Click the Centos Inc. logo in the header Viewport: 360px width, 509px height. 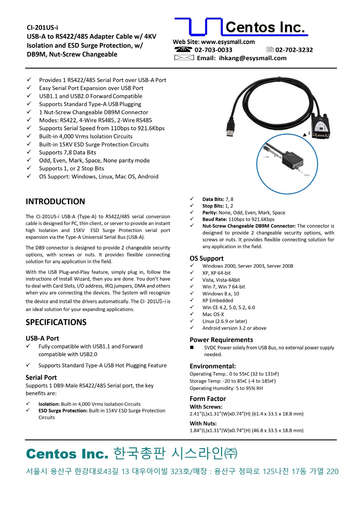[x=241, y=27]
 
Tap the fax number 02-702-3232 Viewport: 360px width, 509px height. [x=294, y=50]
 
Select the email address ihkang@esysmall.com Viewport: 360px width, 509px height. [x=252, y=58]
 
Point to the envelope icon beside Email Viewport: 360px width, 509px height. [x=184, y=58]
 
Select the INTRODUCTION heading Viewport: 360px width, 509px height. [x=55, y=201]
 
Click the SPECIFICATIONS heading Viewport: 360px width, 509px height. [x=56, y=322]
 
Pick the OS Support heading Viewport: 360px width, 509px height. [x=206, y=258]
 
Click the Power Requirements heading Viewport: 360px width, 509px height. [x=221, y=340]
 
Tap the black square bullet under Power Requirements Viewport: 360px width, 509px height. [x=192, y=348]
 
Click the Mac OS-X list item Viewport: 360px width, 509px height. [x=213, y=314]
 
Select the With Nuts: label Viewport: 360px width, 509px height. [x=203, y=423]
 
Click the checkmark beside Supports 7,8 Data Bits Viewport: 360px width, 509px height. [x=29, y=152]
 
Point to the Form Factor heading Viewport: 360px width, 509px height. [x=208, y=398]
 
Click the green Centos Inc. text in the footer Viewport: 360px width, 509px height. [x=67, y=454]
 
